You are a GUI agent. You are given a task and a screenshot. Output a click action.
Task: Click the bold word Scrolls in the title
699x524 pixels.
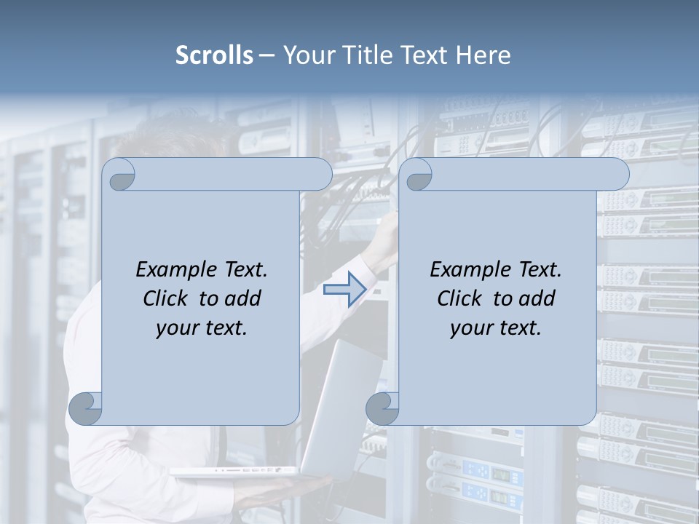click(215, 55)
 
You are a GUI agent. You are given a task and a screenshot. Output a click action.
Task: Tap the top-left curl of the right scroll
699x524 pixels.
click(417, 175)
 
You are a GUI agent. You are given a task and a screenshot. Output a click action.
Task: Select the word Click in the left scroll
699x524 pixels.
click(165, 298)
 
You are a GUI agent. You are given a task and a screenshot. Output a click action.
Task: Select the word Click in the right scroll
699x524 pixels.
click(459, 298)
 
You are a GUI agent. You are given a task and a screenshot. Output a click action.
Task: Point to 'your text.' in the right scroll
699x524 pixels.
click(496, 327)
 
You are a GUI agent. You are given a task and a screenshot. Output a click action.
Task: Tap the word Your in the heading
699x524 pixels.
click(301, 55)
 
